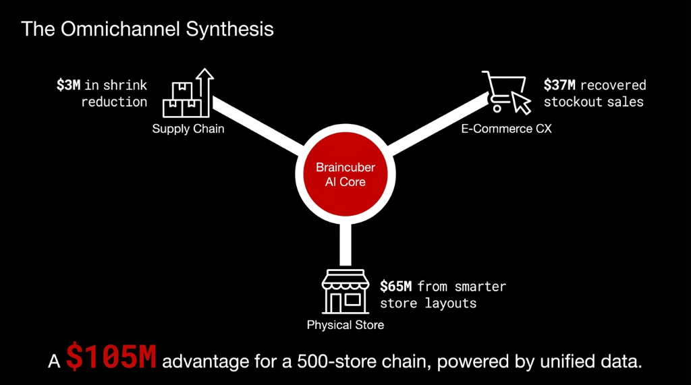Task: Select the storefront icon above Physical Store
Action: tap(345, 291)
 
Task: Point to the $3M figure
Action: tap(69, 86)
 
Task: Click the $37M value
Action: tap(558, 86)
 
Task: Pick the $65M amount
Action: tap(395, 286)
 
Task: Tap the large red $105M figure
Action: tap(111, 359)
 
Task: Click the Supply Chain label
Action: tap(188, 129)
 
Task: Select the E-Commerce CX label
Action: tap(506, 129)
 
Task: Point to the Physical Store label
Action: tap(345, 325)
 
